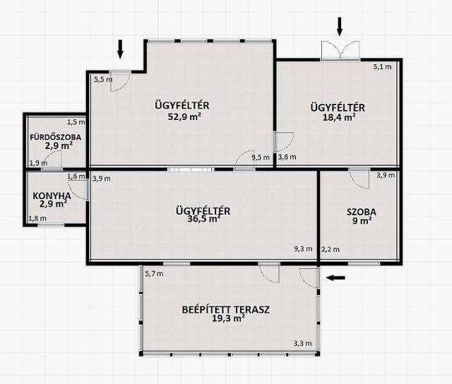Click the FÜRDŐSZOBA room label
(x=56, y=137)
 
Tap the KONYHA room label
(x=52, y=196)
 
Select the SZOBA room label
(x=362, y=212)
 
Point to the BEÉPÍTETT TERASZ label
(x=226, y=310)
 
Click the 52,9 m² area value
(x=184, y=116)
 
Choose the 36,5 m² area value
(x=204, y=219)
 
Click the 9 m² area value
(x=362, y=221)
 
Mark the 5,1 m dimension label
(x=383, y=67)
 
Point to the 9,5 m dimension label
(x=261, y=157)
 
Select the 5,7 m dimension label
(x=154, y=274)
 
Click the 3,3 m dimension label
(x=303, y=343)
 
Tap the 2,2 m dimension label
(x=331, y=249)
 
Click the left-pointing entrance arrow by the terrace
(x=335, y=277)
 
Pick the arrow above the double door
(x=340, y=26)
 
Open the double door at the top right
(x=340, y=50)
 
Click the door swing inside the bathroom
(x=53, y=160)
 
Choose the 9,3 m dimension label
(x=303, y=249)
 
